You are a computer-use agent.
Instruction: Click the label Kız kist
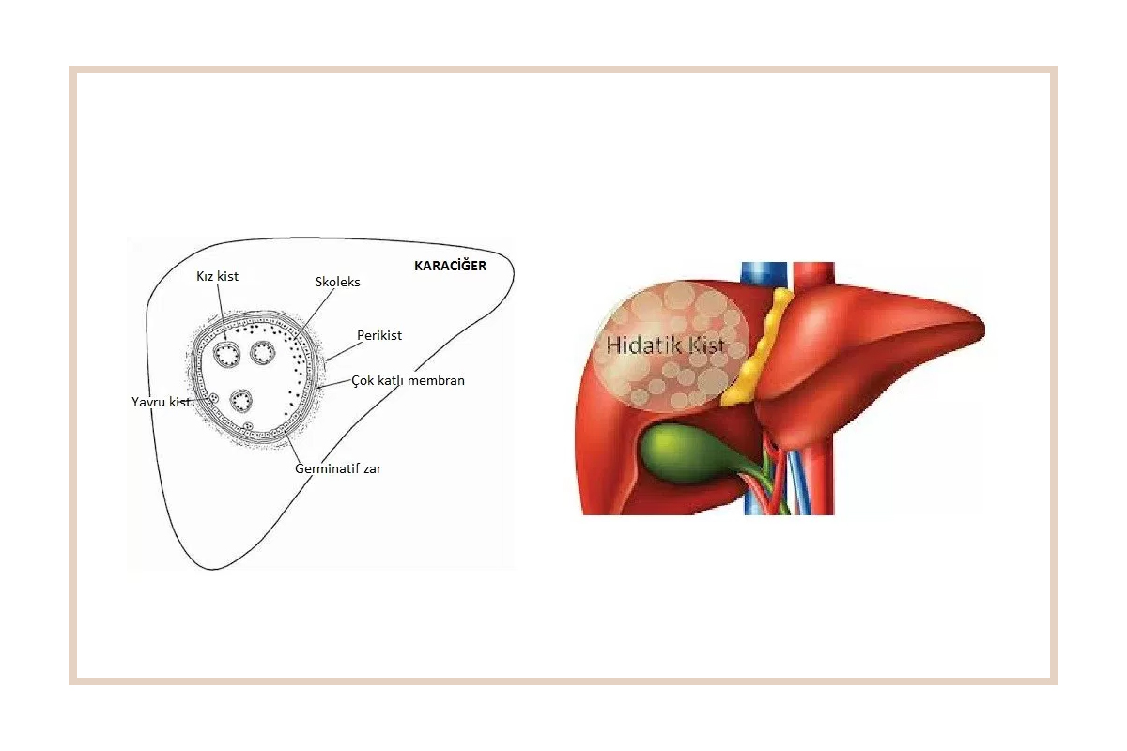(x=217, y=276)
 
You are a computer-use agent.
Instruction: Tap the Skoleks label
(x=337, y=282)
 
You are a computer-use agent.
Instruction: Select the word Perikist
(x=379, y=335)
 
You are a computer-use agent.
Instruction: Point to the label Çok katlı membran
(x=408, y=381)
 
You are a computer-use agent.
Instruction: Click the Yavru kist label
(x=161, y=402)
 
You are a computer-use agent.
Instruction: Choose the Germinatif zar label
(x=338, y=468)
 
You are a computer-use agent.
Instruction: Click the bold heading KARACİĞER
(x=450, y=266)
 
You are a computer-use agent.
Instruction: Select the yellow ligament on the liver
(x=756, y=348)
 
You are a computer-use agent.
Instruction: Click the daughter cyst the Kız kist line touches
(x=226, y=354)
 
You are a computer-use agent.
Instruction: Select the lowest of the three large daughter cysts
(x=241, y=401)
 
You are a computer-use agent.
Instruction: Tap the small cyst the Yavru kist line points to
(x=214, y=398)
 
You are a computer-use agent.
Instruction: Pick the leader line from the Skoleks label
(x=314, y=314)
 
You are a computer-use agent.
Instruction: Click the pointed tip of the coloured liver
(x=983, y=328)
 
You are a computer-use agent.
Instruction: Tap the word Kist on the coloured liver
(x=706, y=345)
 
